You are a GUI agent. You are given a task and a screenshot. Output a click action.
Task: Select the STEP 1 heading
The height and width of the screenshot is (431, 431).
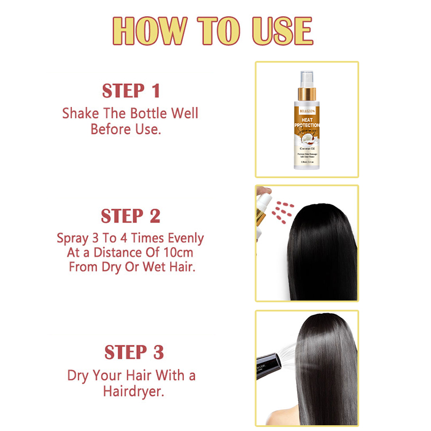(x=131, y=91)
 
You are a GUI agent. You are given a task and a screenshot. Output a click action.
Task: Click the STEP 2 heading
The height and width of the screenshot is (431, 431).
(x=130, y=216)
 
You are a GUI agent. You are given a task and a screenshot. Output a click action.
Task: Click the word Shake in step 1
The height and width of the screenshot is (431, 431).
(x=80, y=113)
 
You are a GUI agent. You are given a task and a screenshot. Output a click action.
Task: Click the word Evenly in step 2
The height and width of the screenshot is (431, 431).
(x=182, y=237)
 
